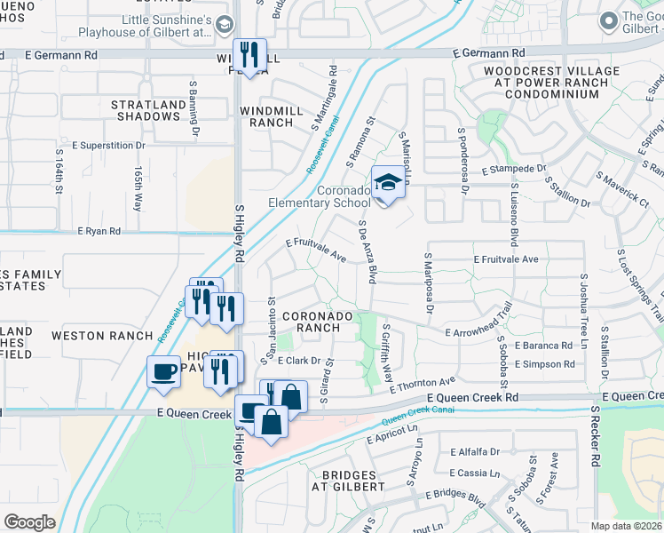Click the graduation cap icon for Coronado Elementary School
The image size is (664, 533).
387,183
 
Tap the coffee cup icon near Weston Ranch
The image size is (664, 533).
163,372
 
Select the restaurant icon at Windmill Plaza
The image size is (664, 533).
249,55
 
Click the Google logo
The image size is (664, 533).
29,522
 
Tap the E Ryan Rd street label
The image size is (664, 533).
99,231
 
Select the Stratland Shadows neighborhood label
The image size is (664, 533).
146,110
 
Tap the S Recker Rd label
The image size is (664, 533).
596,437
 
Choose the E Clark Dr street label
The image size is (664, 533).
297,362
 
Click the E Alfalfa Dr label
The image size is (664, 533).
475,451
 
